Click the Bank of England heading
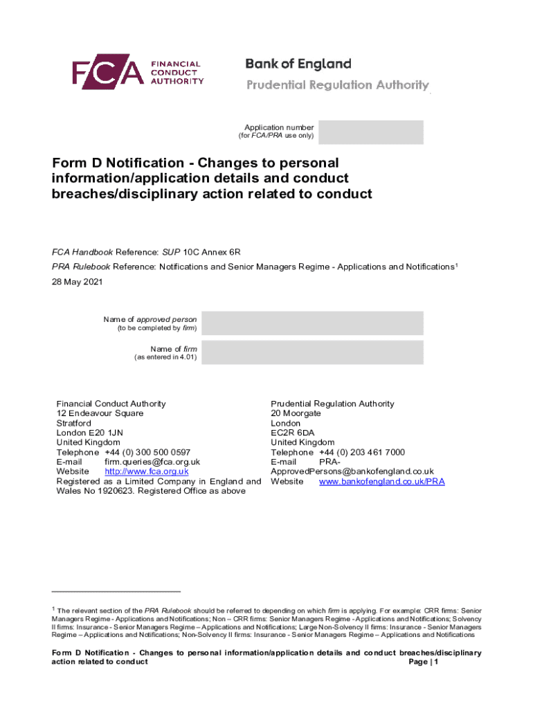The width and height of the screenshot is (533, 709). coord(298,64)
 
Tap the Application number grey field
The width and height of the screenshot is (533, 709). coord(370,132)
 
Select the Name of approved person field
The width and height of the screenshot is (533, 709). coord(313,323)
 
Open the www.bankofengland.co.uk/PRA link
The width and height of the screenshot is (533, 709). coord(381,481)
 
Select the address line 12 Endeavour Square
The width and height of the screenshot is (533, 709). coord(100,413)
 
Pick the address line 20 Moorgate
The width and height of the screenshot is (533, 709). coord(296,413)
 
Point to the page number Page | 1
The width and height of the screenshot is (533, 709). coord(424,662)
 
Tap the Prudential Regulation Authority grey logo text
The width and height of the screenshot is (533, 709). coord(338,85)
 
